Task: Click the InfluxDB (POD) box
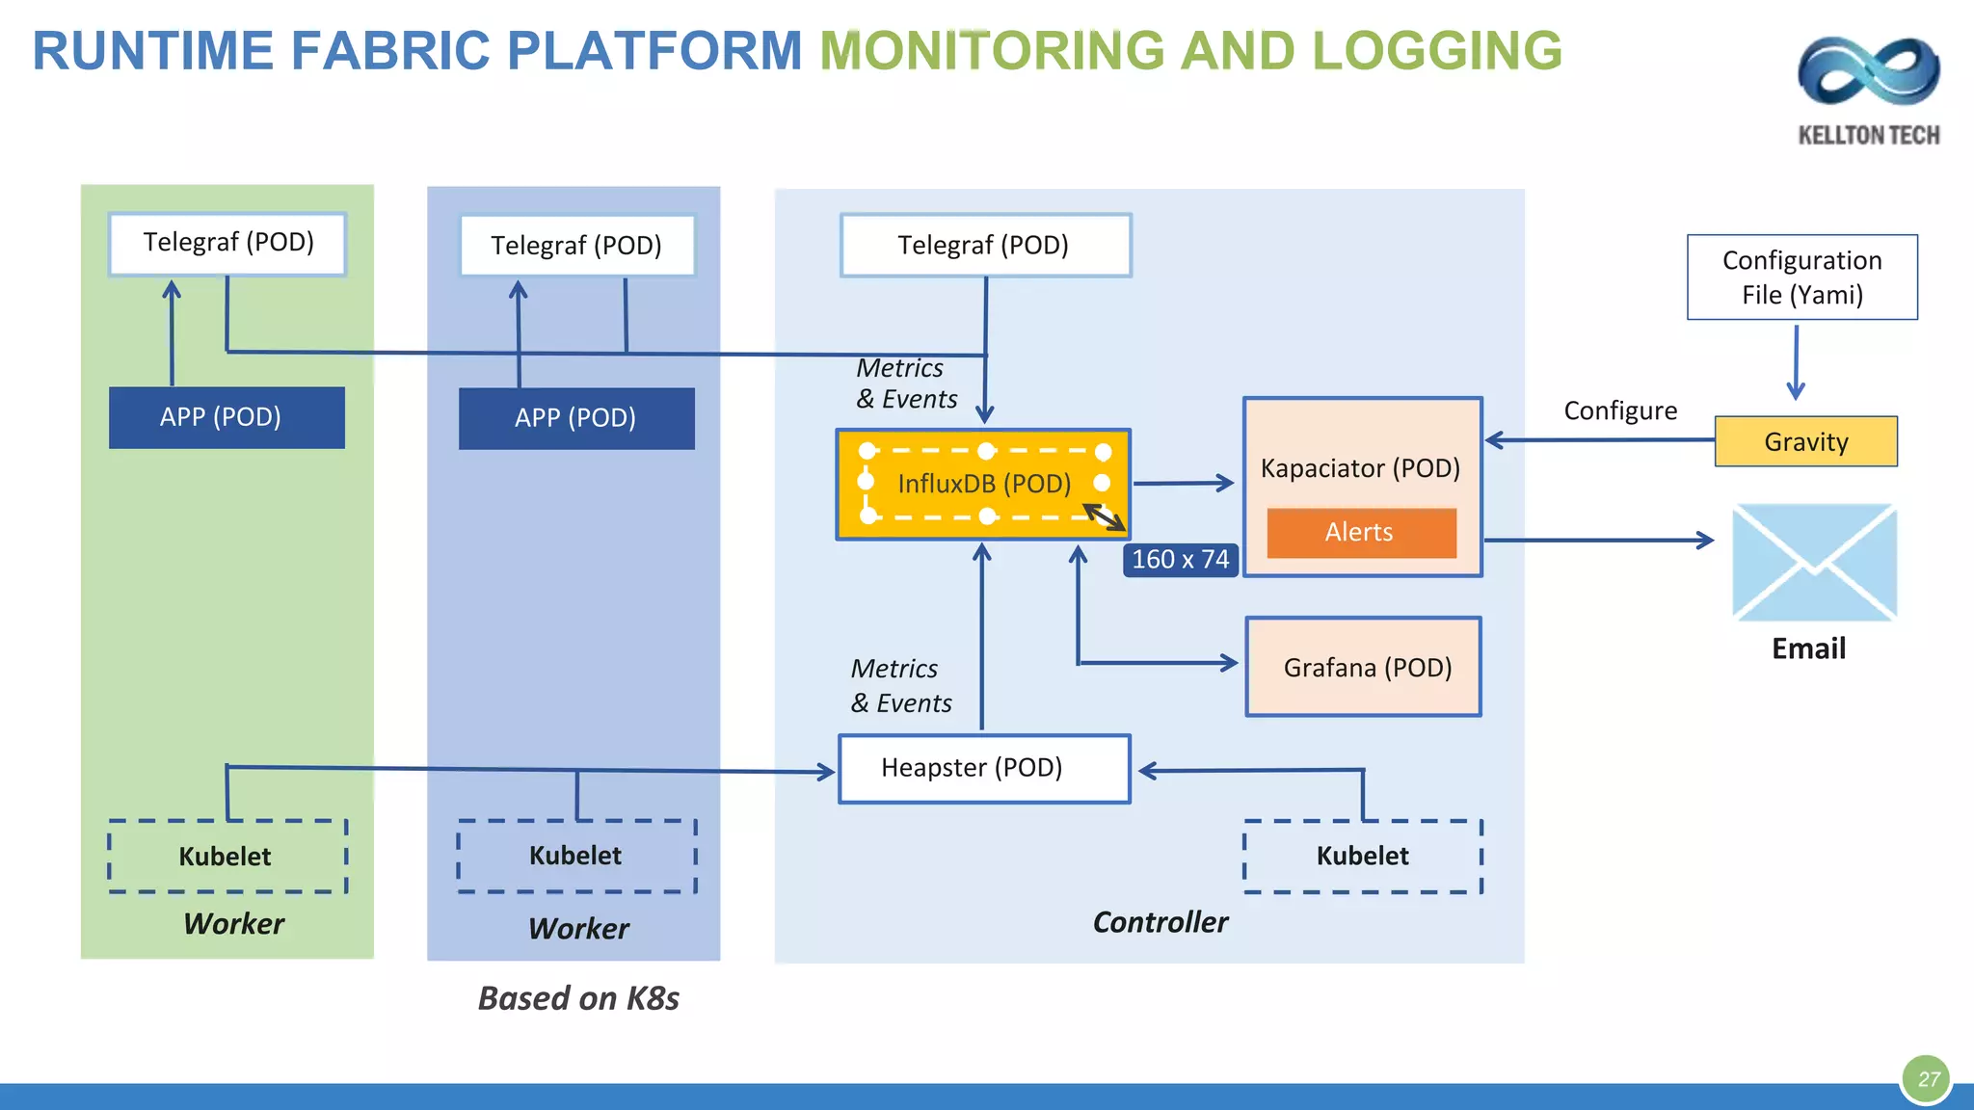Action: click(983, 484)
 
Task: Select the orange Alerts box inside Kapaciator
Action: click(1360, 532)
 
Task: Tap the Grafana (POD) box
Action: click(1364, 667)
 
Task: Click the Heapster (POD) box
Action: click(983, 768)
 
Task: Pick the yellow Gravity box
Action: click(1805, 441)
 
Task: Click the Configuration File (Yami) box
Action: click(1801, 277)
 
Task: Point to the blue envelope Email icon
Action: click(1814, 563)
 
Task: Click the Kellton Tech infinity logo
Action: click(1868, 72)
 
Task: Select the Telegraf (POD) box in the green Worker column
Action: click(227, 243)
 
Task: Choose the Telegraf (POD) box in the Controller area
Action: click(983, 245)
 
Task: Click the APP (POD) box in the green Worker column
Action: click(227, 417)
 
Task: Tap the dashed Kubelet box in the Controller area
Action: click(1362, 856)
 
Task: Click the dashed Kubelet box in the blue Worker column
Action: click(576, 856)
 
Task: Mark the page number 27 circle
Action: click(1927, 1079)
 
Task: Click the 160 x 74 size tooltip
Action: click(1180, 559)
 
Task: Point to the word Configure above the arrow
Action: click(1619, 410)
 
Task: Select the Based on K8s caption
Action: click(578, 998)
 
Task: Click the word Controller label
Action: click(1160, 922)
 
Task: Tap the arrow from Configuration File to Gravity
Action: click(1796, 362)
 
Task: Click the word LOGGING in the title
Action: click(1436, 50)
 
